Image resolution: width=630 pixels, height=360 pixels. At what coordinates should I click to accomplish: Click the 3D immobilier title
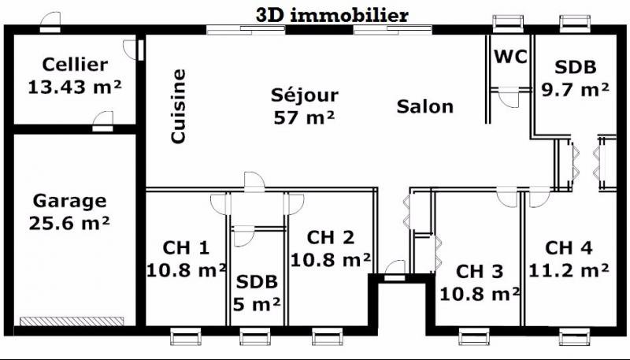pos(332,16)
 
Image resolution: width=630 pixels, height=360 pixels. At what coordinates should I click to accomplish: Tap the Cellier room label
pos(75,65)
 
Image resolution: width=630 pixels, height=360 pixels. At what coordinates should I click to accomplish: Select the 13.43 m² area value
pos(75,87)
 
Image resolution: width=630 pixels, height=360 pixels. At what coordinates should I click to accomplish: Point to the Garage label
pos(69,202)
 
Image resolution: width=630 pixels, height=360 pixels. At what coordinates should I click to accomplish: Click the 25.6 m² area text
pos(69,224)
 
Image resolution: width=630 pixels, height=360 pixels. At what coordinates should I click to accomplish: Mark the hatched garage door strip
pos(72,321)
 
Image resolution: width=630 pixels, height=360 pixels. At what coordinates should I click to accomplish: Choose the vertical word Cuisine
pos(179,106)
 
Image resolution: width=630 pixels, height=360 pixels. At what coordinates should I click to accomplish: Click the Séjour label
pos(305,95)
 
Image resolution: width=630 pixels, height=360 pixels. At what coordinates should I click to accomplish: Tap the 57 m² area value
pos(304,117)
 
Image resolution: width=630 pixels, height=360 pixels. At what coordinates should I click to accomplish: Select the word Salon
pos(425,106)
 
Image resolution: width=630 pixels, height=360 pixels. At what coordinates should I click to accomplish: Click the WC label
pos(510,57)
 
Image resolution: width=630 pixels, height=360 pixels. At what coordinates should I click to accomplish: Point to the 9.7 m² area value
pos(575,89)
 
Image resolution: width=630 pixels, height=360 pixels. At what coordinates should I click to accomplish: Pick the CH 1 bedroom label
pos(186,248)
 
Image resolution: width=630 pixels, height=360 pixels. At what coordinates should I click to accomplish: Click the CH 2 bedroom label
pos(331,237)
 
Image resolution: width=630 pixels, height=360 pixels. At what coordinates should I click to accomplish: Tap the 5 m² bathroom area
pos(257,305)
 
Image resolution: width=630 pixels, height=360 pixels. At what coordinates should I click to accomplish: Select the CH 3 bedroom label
pos(480,272)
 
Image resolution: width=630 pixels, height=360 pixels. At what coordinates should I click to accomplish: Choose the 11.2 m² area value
pos(569,270)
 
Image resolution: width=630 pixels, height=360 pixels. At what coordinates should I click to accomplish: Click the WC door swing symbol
pos(509,98)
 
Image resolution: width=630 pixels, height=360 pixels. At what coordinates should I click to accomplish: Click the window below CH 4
pos(575,336)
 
